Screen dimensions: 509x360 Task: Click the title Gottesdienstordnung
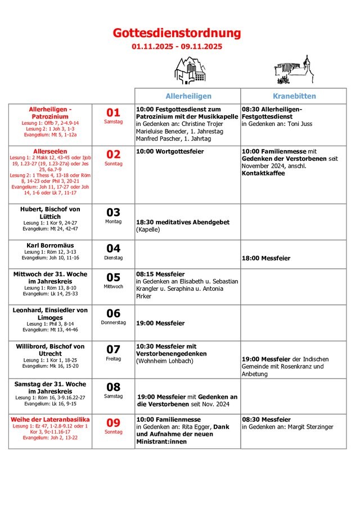click(x=177, y=33)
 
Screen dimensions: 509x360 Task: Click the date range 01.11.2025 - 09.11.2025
click(x=177, y=47)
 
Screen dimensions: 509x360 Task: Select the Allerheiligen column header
click(x=188, y=96)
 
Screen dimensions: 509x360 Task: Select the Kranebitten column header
click(x=294, y=96)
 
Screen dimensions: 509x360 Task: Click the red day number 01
click(x=114, y=112)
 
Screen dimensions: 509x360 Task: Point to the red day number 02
click(x=114, y=155)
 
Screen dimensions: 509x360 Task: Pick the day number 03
click(x=114, y=212)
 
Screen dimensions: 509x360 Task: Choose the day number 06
click(x=114, y=313)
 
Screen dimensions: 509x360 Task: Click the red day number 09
click(x=114, y=422)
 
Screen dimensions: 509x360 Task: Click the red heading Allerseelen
click(x=50, y=152)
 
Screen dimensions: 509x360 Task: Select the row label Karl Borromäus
click(x=50, y=245)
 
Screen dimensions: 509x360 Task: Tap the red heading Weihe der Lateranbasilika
click(x=50, y=420)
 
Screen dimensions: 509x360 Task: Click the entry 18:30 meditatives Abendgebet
click(x=183, y=222)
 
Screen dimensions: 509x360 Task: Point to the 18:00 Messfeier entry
click(x=266, y=258)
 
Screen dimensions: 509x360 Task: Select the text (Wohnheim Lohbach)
click(x=164, y=361)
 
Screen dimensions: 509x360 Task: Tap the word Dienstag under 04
click(x=114, y=258)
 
